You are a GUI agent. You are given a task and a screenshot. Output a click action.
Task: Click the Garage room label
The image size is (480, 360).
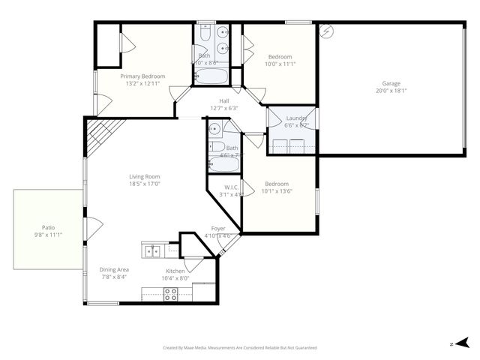coord(391,83)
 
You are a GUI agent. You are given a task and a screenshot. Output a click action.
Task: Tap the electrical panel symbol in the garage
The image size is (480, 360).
coord(325,31)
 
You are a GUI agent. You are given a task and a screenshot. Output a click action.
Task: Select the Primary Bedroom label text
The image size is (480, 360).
coord(142,76)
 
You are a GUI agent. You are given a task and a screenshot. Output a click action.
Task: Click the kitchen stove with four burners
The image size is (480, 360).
coord(170,295)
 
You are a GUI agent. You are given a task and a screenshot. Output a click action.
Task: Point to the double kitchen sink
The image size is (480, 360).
coord(152,250)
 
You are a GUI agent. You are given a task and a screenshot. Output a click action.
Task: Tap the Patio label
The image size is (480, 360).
coord(48,227)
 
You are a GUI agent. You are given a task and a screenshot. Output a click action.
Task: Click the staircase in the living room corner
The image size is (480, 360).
coord(97,136)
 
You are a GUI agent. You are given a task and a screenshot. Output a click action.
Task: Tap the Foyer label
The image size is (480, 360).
coord(218,228)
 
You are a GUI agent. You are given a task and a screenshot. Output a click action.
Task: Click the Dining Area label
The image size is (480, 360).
coord(115,269)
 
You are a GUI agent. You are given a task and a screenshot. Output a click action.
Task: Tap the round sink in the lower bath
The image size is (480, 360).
coord(214,127)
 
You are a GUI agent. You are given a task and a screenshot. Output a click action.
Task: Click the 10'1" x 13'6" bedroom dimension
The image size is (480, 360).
coord(277,190)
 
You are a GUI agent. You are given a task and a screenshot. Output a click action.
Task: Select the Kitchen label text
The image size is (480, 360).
coord(175,271)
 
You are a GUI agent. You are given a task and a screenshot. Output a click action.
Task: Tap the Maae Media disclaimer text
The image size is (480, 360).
coord(240,347)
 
